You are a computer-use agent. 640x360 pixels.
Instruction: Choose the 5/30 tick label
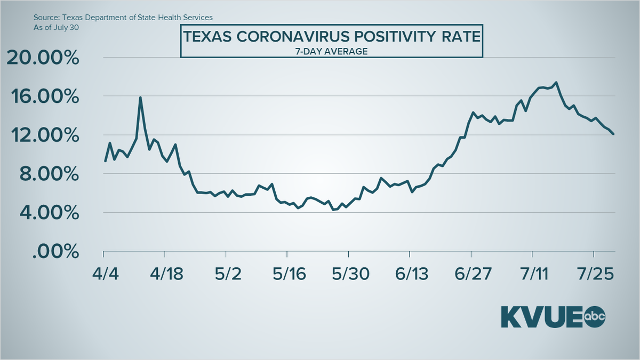349,274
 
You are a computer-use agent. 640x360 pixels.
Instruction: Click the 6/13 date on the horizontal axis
410,274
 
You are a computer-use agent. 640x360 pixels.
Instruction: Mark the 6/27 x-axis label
471,274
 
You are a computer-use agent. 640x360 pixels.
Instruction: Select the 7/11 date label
532,274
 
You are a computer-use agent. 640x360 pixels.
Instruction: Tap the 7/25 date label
594,274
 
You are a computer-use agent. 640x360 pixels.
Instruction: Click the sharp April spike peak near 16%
140,97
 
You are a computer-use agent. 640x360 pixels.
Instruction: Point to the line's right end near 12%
614,134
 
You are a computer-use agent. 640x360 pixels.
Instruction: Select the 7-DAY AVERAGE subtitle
332,51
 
